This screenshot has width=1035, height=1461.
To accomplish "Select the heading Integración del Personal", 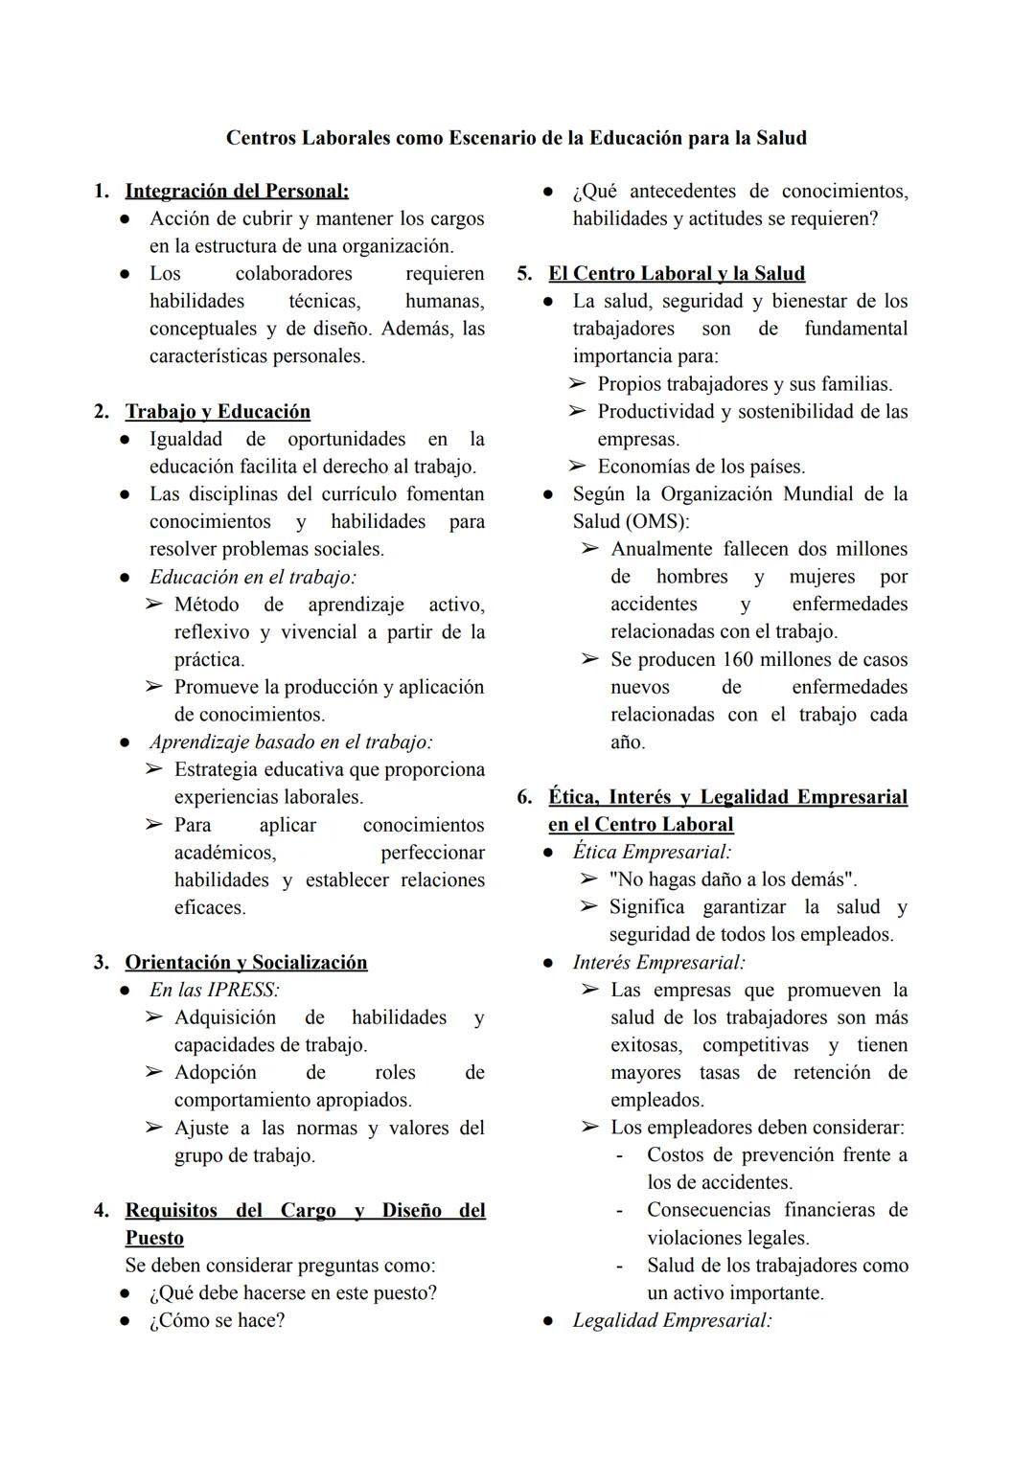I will click(237, 192).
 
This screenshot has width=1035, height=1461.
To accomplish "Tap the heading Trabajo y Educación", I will click(218, 412).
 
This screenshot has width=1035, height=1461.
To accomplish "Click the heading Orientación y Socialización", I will click(245, 963).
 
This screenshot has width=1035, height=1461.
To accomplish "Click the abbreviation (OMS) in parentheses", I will click(656, 522).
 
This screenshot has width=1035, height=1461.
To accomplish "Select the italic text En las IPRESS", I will click(214, 991).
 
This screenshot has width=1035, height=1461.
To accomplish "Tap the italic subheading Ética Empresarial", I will click(652, 853).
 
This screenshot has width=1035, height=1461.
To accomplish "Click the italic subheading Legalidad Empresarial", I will click(672, 1321).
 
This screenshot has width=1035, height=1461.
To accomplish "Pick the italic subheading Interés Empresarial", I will click(658, 963).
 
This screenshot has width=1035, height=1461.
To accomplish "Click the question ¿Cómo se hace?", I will click(217, 1321).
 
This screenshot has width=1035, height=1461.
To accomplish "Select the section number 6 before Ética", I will click(524, 797).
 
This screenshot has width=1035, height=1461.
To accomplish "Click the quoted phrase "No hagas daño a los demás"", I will click(732, 879).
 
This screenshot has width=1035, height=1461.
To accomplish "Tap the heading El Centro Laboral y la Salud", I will click(676, 274).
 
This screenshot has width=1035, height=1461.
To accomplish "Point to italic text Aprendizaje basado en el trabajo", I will click(290, 742).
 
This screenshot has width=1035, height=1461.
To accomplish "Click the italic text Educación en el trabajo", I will click(252, 578).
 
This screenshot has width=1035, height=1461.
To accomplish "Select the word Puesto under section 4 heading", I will click(154, 1239).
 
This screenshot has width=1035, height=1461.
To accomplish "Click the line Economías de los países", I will click(701, 468).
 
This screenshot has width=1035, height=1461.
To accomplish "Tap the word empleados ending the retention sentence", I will click(656, 1101).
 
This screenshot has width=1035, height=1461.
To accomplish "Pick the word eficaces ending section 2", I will click(210, 908).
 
